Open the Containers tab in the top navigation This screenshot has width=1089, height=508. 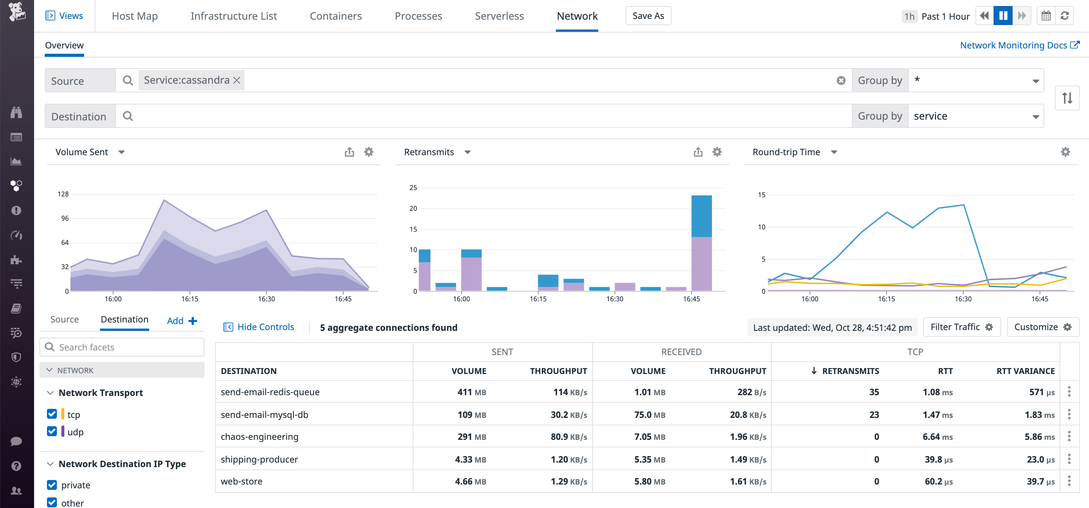tap(335, 16)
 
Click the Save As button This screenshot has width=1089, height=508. tap(647, 16)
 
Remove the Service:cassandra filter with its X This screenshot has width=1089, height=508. tap(237, 80)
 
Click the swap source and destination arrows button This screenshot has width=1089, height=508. tap(1067, 98)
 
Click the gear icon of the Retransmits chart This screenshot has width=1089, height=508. tap(717, 152)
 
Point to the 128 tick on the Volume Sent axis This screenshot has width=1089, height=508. tap(63, 194)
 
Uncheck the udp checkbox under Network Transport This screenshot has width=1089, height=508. tap(52, 432)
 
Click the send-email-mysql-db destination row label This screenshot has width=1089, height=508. tap(264, 415)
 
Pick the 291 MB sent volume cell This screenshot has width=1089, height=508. tap(471, 436)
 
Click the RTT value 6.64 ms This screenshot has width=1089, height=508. tap(937, 436)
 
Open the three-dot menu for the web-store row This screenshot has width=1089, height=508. tap(1069, 481)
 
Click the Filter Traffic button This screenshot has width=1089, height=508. tap(961, 327)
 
